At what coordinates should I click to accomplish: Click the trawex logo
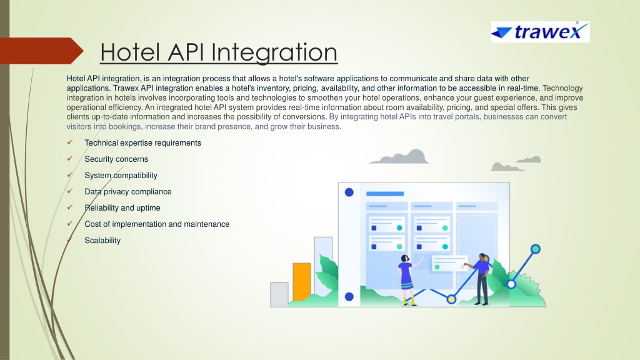(x=541, y=32)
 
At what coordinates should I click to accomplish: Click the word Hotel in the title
(x=130, y=52)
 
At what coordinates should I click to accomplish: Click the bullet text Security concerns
(x=116, y=159)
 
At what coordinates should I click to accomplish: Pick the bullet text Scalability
(x=102, y=241)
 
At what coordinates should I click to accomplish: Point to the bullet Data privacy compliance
(x=127, y=192)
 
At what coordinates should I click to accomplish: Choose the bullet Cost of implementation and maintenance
(x=157, y=224)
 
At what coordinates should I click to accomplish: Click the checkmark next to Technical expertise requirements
(x=70, y=142)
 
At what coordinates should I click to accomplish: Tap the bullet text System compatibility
(x=121, y=176)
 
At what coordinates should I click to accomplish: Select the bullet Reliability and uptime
(x=122, y=207)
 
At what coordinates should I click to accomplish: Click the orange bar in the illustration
(x=302, y=282)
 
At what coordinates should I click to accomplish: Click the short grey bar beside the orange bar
(x=279, y=294)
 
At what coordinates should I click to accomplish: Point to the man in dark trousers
(x=481, y=279)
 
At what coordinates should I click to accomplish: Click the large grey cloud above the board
(x=399, y=157)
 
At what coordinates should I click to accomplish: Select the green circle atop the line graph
(x=536, y=249)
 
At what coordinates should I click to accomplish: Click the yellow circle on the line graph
(x=451, y=299)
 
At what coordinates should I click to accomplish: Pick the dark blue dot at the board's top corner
(x=349, y=192)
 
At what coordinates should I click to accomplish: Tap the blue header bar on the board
(x=385, y=194)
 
